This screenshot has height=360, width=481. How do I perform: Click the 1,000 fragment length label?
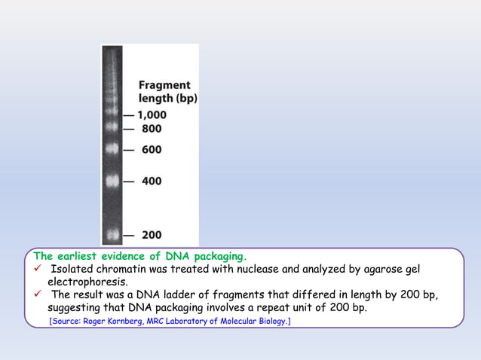[152, 115]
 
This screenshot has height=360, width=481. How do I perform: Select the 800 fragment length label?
[152, 129]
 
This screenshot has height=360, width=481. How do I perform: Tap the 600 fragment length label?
[152, 150]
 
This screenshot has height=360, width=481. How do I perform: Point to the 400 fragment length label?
[152, 182]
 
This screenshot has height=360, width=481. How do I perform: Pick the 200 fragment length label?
[152, 236]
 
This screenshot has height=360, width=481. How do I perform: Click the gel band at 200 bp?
[113, 236]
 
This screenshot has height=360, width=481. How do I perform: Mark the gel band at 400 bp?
[113, 182]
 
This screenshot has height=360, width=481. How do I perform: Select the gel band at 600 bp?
[113, 150]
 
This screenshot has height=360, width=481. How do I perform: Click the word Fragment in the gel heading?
[164, 85]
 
